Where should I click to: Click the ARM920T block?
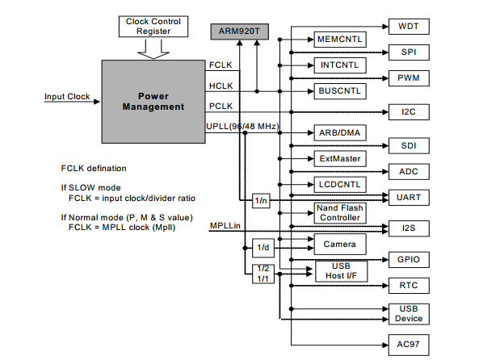pos(239,31)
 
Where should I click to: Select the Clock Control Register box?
pos(153,27)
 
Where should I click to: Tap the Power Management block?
pos(153,102)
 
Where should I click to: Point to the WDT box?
pos(409,27)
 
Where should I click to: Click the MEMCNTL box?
pos(340,40)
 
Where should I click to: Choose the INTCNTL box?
pos(340,65)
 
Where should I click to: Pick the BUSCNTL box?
pos(340,91)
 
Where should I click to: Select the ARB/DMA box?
pos(340,133)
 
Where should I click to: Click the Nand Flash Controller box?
pos(340,213)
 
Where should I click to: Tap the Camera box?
pos(340,245)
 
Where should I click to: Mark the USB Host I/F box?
pos(341,271)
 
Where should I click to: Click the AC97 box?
pos(409,345)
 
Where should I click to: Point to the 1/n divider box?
pos(261,201)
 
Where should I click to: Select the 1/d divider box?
pos(263,248)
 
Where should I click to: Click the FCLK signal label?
pos(221,65)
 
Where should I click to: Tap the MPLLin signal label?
pos(225,226)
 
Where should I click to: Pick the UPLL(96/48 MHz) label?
pos(242,127)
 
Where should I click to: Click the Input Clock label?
pos(67,97)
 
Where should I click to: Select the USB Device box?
pos(409,314)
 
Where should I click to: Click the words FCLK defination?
pos(94,169)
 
